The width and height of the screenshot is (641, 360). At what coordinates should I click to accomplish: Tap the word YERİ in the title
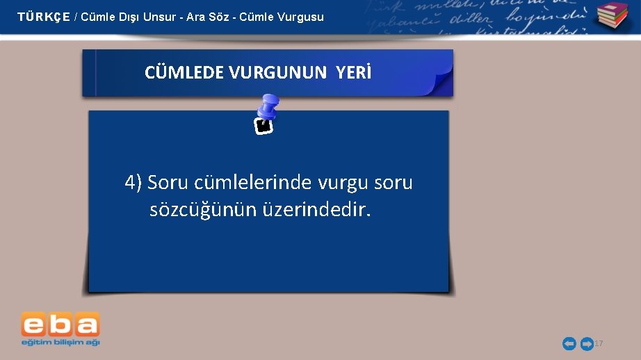coord(355,72)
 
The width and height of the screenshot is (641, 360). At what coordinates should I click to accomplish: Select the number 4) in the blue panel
coord(133,183)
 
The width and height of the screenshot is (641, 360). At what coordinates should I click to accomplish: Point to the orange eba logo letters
coord(60,325)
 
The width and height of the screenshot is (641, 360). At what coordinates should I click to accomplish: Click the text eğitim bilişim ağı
coord(60,342)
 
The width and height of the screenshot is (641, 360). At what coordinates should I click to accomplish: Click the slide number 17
coord(599,344)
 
